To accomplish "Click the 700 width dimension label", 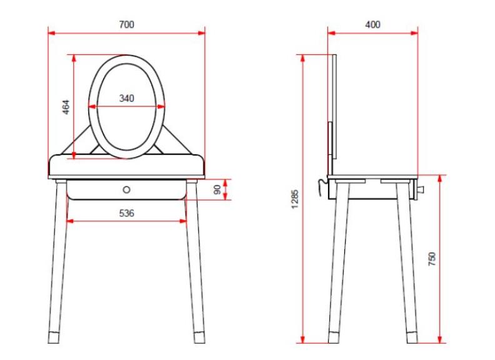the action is coord(127,24).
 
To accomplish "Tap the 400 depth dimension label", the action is coord(372,24).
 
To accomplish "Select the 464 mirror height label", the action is coord(66,107).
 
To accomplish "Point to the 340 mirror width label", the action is coord(127,99).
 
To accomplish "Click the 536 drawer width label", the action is coord(127,213).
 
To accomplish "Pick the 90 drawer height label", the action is coord(217,190).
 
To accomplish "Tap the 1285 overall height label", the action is coord(294,199).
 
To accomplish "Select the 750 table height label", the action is coord(432,259).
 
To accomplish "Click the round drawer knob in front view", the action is coord(127,190).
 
